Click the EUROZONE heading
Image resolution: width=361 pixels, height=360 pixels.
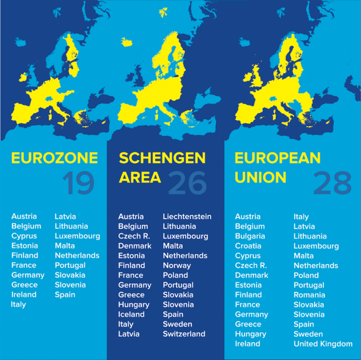point(54,158)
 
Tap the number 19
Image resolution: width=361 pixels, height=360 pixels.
point(78,182)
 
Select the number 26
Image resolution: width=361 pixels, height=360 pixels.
point(187,182)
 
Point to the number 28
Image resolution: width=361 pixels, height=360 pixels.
point(332,182)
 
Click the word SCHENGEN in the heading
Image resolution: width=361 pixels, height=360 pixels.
point(162,158)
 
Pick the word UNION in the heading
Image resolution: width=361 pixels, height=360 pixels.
point(260,177)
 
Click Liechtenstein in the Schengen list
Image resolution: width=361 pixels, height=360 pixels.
point(187,216)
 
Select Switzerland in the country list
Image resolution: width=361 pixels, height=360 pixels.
point(184,334)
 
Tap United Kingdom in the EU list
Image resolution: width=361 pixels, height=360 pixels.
point(323,344)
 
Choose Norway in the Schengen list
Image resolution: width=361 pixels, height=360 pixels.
point(176,265)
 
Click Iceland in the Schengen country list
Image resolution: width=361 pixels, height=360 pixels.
point(131,314)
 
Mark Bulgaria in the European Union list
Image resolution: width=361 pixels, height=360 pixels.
point(250,236)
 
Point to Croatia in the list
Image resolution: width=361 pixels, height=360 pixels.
point(248,246)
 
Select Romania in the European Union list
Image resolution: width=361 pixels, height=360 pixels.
point(309,295)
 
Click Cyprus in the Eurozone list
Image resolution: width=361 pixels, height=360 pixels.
point(24,236)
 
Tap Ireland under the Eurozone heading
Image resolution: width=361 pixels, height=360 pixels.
point(24,294)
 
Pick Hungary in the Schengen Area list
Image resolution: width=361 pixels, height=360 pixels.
point(134,304)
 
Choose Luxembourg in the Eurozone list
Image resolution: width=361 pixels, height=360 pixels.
point(77,236)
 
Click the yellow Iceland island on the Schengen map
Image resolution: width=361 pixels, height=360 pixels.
point(127,42)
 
